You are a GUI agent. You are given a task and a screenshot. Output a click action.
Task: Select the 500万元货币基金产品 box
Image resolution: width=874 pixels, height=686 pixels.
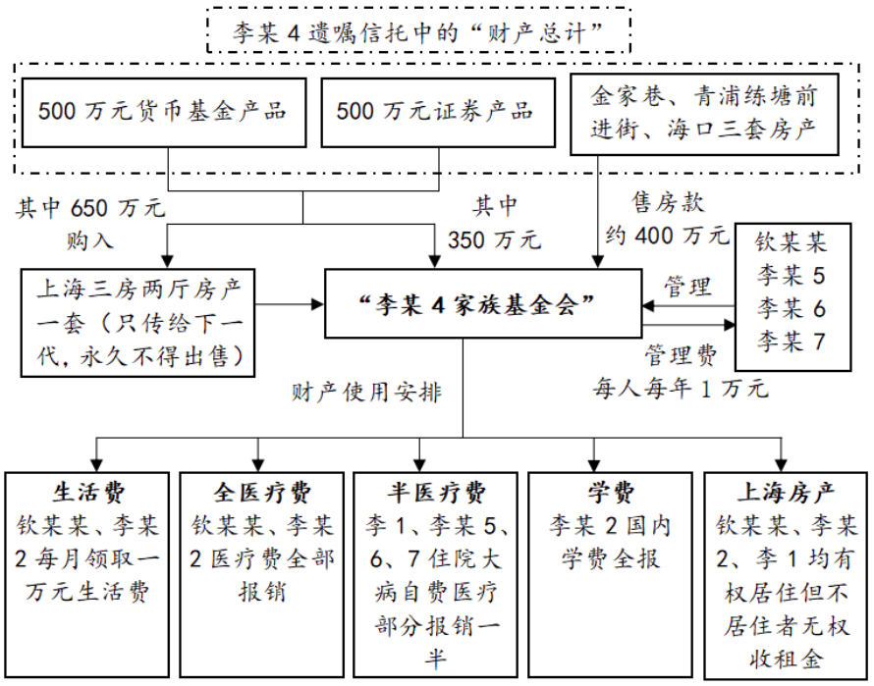coord(163,111)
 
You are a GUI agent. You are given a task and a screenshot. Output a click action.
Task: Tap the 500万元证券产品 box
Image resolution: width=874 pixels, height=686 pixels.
coord(435,111)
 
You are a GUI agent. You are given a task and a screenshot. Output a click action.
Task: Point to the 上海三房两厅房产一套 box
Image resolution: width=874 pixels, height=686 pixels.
coord(138,323)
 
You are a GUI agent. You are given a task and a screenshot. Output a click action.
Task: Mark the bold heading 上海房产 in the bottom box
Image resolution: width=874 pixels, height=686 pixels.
coord(786,491)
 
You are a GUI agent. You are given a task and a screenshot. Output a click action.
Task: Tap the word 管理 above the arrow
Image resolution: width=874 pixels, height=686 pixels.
coord(687,288)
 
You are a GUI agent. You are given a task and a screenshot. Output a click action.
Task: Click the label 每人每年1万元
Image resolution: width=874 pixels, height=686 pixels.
coord(679,387)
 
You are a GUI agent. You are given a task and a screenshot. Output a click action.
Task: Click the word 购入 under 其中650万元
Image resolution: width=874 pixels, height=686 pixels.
coord(91,238)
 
